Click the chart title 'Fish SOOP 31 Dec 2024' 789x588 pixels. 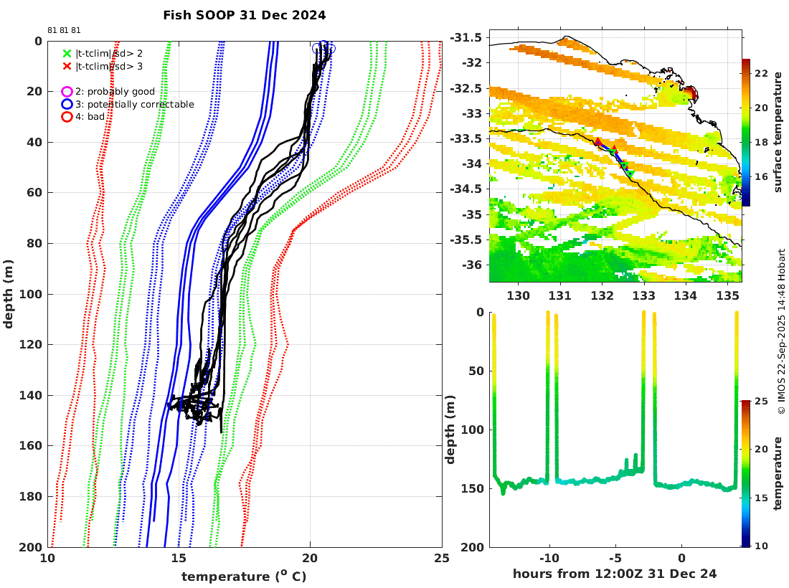click(x=244, y=14)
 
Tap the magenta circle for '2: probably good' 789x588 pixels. click(x=67, y=92)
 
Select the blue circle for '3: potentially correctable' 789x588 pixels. click(x=67, y=104)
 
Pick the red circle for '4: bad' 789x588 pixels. click(x=67, y=117)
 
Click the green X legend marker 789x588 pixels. click(x=67, y=53)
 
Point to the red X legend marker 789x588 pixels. click(x=67, y=66)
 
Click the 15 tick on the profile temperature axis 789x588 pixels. click(x=179, y=559)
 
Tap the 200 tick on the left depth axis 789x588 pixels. click(x=33, y=547)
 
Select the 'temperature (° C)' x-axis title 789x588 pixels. click(x=244, y=576)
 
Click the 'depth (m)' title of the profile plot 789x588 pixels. click(x=9, y=294)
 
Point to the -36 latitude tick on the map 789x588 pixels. click(x=473, y=265)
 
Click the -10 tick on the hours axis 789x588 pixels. click(x=549, y=559)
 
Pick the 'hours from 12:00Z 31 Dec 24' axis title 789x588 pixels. click(x=615, y=574)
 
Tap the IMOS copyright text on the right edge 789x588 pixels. click(x=782, y=331)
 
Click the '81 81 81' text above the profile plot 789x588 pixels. click(x=65, y=31)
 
